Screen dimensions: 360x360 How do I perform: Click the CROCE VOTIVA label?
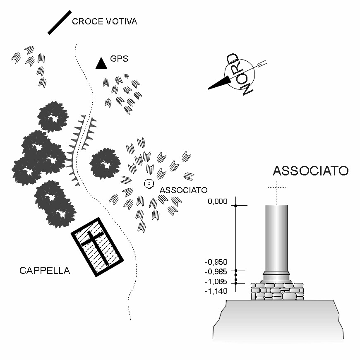(x=104, y=22)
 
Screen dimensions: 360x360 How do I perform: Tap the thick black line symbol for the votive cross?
(x=60, y=22)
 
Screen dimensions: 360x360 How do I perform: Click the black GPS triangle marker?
(x=101, y=63)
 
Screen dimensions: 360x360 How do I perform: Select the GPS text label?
(x=119, y=59)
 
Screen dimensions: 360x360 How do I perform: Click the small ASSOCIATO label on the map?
(x=183, y=190)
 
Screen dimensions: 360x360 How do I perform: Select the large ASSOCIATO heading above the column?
(x=310, y=171)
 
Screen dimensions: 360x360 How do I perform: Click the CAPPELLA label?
(x=45, y=271)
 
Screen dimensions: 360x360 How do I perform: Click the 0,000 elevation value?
(x=218, y=202)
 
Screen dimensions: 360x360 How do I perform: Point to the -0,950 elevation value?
(x=216, y=262)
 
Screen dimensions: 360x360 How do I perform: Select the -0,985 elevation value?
(x=216, y=272)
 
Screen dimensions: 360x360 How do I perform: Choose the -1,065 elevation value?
(x=216, y=281)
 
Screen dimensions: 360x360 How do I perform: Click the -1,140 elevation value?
(x=216, y=291)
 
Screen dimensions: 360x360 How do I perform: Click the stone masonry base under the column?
(x=277, y=291)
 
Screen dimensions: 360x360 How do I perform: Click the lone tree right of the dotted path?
(x=105, y=163)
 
